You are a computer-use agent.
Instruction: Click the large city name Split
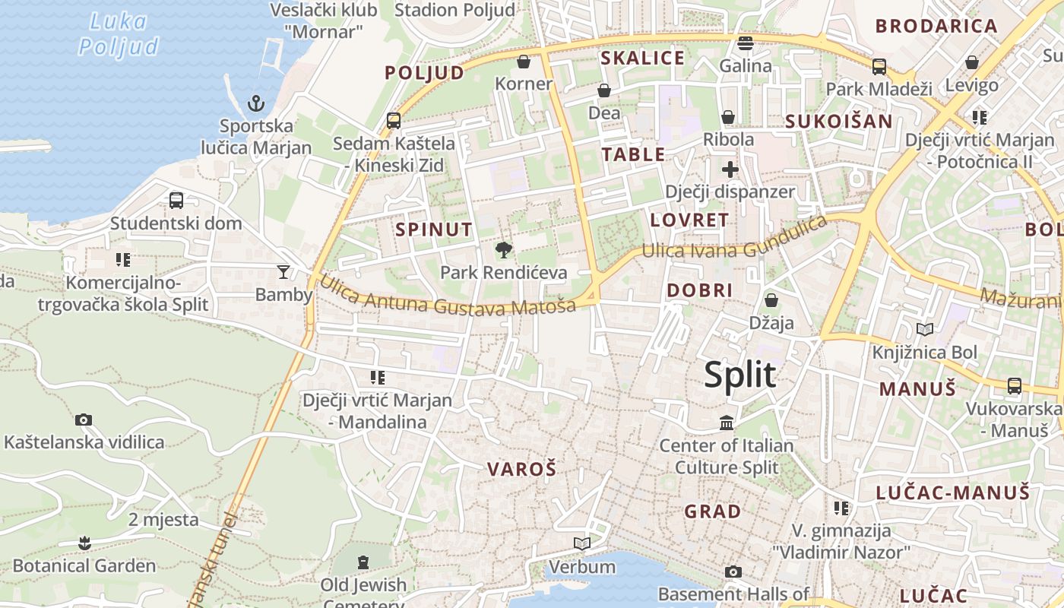[740, 375]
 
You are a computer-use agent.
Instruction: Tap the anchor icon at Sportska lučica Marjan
[257, 103]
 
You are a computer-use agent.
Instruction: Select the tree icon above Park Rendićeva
[503, 249]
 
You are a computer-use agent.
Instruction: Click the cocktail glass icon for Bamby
[283, 271]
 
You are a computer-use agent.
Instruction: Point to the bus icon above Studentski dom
[176, 201]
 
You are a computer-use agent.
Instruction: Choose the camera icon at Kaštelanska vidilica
[84, 420]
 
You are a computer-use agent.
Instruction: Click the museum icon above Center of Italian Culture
[727, 423]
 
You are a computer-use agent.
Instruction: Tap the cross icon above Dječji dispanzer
[730, 169]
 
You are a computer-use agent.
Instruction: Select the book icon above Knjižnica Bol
[925, 330]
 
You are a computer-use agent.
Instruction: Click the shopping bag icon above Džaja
[771, 300]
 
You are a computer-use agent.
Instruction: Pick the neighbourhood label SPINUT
[434, 230]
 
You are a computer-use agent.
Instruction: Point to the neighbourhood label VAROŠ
[522, 469]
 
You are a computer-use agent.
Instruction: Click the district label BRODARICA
[936, 27]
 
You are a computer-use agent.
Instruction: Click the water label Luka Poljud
[119, 34]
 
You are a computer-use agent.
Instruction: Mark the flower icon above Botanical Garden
[84, 543]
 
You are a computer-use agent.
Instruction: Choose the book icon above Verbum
[582, 544]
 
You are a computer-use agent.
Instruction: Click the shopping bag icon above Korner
[524, 61]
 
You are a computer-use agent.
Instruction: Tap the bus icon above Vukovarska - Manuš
[1015, 386]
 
